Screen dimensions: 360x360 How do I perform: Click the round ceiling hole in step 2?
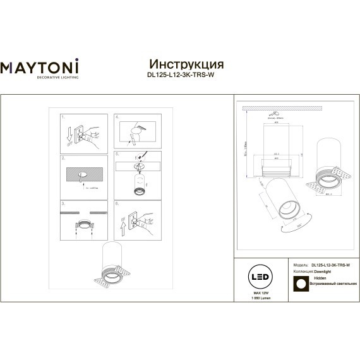tap(83, 174)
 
